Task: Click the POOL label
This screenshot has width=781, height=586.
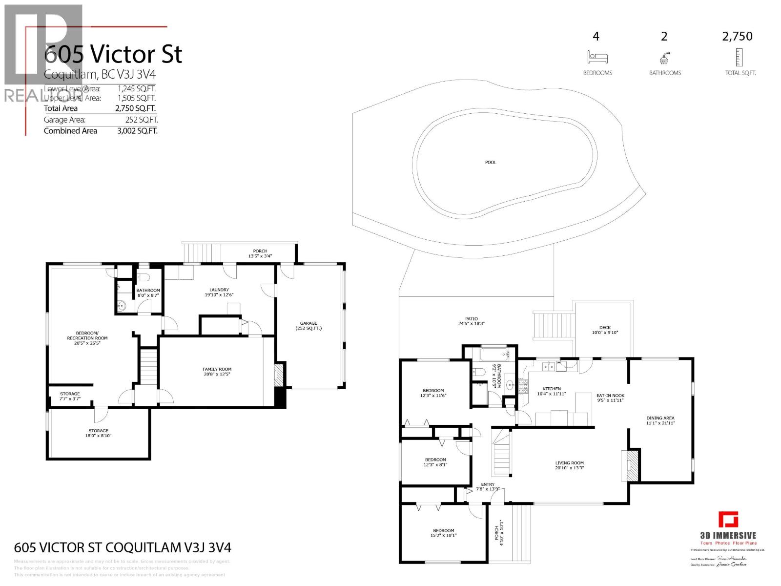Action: (491, 162)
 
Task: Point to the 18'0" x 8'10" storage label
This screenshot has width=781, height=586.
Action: (98, 433)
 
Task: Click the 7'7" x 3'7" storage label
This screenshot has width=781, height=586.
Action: (70, 396)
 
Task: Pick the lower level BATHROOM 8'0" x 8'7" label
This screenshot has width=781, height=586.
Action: (148, 293)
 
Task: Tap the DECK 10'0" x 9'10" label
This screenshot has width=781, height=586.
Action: (605, 330)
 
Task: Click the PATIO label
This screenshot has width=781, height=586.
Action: (471, 321)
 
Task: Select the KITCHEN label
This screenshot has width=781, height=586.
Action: (552, 391)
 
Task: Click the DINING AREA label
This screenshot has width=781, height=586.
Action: (660, 420)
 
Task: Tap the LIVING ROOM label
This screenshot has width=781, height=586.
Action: (569, 465)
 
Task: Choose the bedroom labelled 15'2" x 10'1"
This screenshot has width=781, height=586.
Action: (443, 533)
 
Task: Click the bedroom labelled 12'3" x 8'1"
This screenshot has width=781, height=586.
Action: (435, 462)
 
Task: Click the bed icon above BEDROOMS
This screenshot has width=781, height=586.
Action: (597, 57)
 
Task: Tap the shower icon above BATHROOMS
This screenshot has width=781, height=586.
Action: (664, 58)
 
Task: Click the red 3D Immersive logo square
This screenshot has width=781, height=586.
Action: (728, 520)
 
